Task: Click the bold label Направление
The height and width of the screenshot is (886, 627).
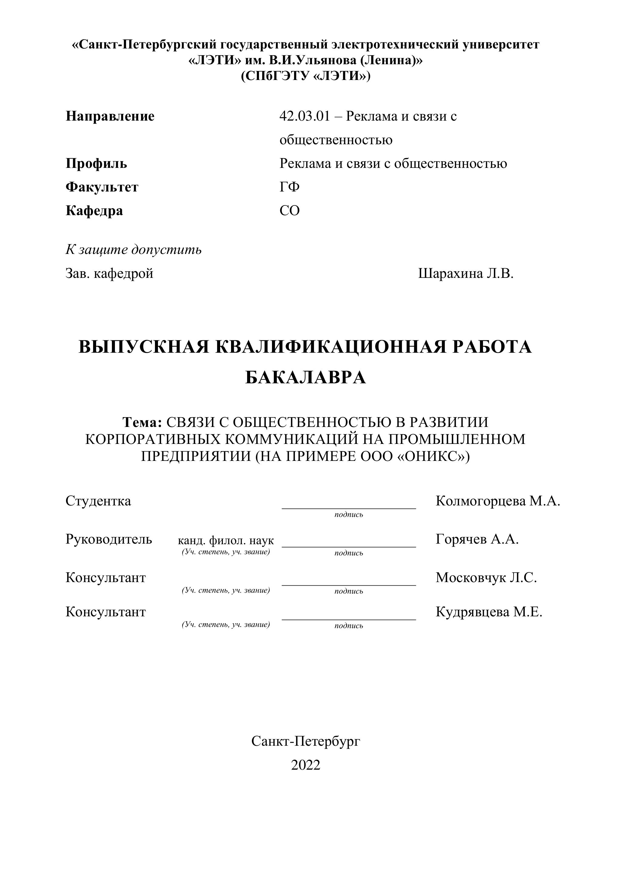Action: tap(110, 116)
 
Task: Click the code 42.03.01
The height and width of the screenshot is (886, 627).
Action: tap(305, 116)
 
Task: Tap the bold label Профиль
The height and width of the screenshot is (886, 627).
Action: tap(96, 164)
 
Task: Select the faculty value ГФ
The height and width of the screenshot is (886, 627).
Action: tap(290, 187)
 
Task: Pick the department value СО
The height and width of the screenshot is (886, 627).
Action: tap(290, 211)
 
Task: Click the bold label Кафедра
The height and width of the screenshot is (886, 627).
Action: tap(94, 211)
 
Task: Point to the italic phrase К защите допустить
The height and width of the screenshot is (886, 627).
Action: tap(134, 250)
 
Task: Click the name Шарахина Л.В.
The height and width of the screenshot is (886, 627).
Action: tap(466, 274)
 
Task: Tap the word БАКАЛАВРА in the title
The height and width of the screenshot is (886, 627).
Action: tap(305, 378)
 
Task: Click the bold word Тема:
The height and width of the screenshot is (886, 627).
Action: tap(142, 423)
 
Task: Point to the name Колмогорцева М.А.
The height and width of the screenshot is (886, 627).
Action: tap(498, 501)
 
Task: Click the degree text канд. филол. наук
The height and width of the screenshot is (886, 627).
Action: tap(226, 540)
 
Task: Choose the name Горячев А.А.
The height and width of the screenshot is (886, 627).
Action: tap(477, 539)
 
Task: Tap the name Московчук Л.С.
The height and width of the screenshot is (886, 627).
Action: tap(486, 578)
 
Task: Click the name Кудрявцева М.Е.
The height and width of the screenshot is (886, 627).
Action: tap(489, 612)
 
